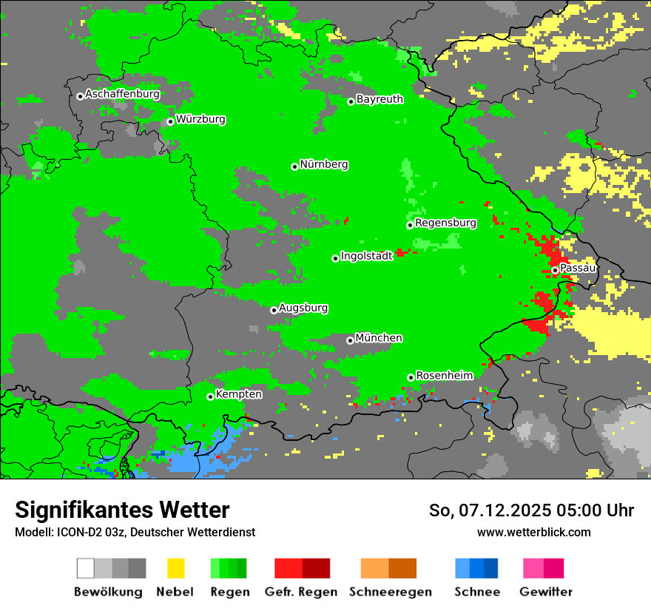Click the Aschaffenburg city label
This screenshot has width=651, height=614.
[x=122, y=95]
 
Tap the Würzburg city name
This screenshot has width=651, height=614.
[x=200, y=120]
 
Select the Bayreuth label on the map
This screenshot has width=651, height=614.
[x=380, y=99]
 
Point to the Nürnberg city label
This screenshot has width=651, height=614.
[x=324, y=165]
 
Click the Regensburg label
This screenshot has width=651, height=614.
[x=445, y=223]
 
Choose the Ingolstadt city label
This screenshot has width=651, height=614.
[x=366, y=257]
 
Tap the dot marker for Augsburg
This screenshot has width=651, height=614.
[x=274, y=310]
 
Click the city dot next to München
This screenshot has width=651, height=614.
[x=350, y=340]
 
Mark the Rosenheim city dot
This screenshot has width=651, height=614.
[x=411, y=377]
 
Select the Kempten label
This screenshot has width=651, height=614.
[x=238, y=394]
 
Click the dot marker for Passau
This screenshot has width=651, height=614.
[x=555, y=270]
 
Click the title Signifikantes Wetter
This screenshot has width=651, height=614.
[x=122, y=510]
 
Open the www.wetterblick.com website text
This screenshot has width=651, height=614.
[x=533, y=533]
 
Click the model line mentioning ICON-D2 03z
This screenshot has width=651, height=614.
[x=135, y=533]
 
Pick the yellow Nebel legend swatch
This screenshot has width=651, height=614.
[x=175, y=568]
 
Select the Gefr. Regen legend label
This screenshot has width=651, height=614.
[x=301, y=592]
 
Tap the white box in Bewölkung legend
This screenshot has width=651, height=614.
[x=86, y=568]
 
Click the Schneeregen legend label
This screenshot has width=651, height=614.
[x=390, y=592]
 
